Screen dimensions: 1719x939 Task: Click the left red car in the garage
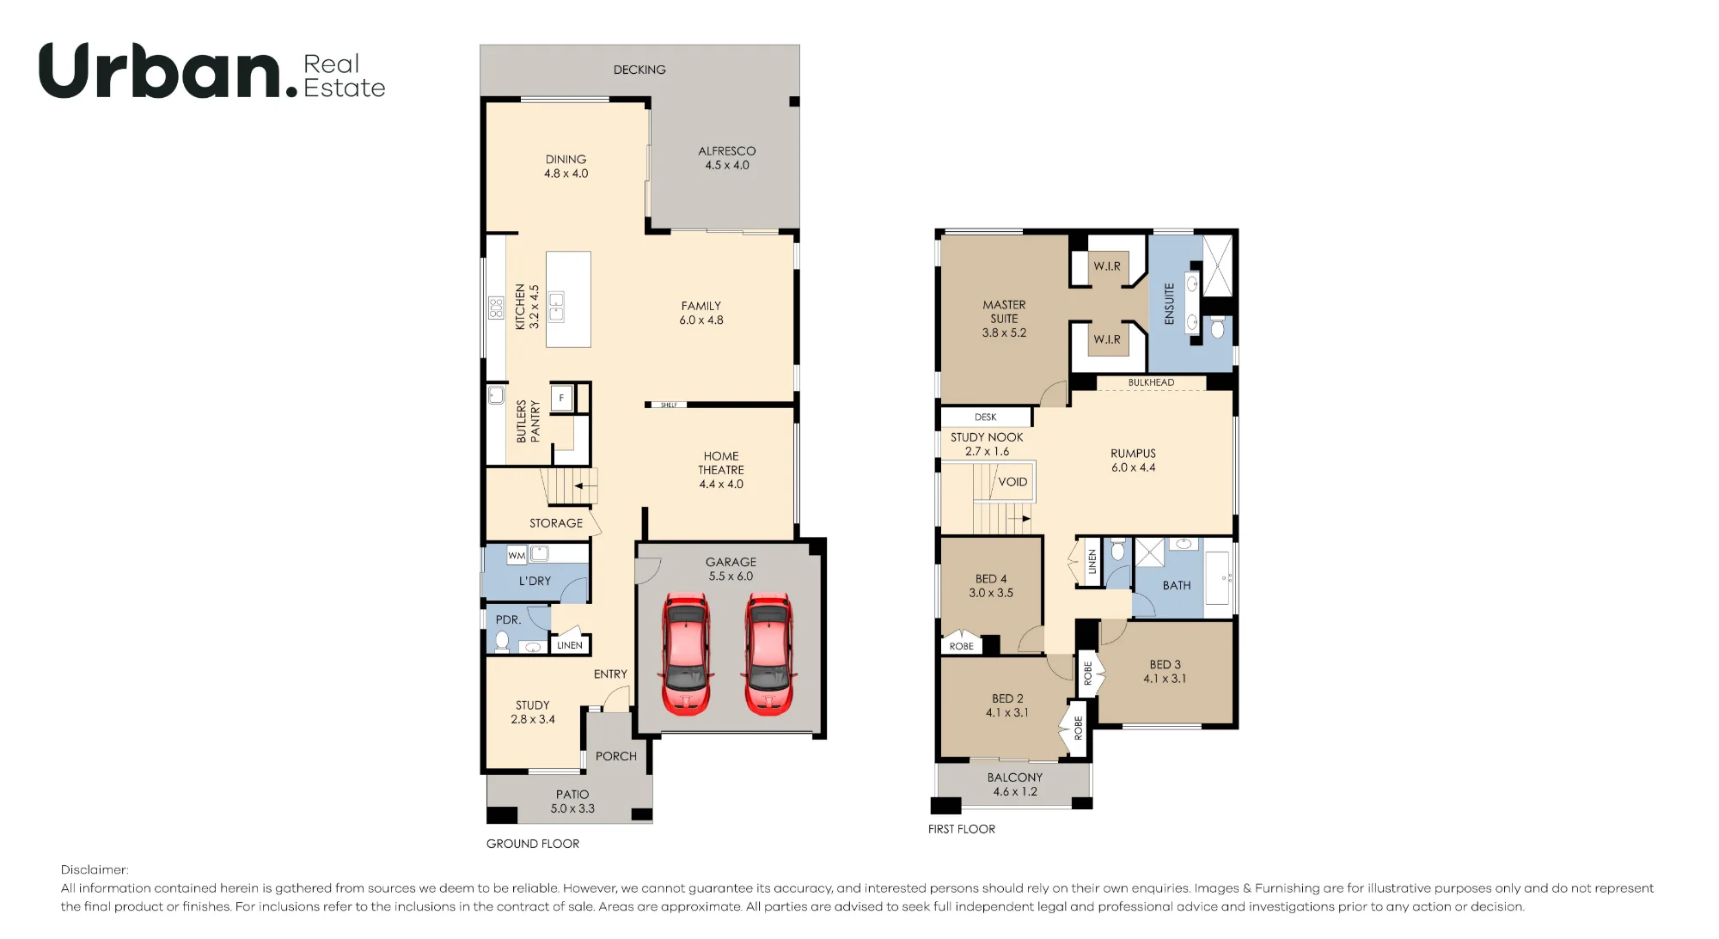tap(686, 654)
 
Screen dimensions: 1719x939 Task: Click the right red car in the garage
tap(768, 654)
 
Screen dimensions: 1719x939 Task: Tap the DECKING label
tap(639, 70)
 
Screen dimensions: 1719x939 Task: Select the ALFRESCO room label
tap(727, 151)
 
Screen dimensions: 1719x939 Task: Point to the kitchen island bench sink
tap(556, 307)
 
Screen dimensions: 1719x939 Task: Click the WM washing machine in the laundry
tap(517, 555)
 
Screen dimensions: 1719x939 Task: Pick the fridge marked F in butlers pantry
tap(561, 398)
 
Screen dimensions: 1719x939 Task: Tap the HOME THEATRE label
tap(721, 463)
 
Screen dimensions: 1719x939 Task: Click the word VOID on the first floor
tap(1012, 482)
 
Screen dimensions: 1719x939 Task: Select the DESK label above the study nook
tap(986, 418)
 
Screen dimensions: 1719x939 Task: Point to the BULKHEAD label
tap(1151, 382)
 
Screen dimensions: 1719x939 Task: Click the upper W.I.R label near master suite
tap(1107, 266)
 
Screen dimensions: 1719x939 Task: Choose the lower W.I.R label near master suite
tap(1107, 339)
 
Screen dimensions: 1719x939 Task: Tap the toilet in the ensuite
tap(1217, 327)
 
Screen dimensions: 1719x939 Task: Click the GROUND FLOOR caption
tap(533, 844)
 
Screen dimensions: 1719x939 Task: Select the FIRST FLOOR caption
tap(962, 829)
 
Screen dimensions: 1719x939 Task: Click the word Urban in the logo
tap(162, 70)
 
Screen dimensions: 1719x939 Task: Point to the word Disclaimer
tap(95, 869)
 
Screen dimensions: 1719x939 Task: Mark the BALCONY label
tap(1015, 777)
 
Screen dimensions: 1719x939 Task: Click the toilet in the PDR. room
tap(502, 641)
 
